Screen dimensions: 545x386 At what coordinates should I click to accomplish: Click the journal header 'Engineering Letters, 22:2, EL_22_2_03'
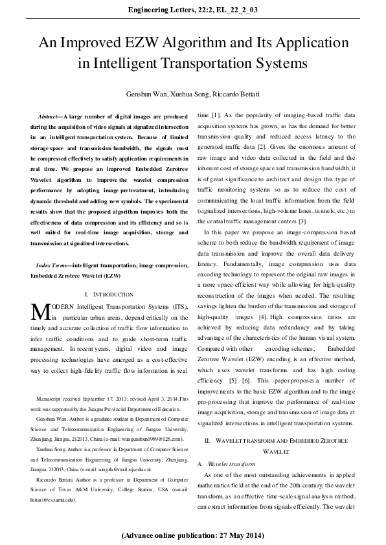[x=193, y=9]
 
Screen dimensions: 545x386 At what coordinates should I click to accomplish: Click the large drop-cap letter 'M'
[x=41, y=311]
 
